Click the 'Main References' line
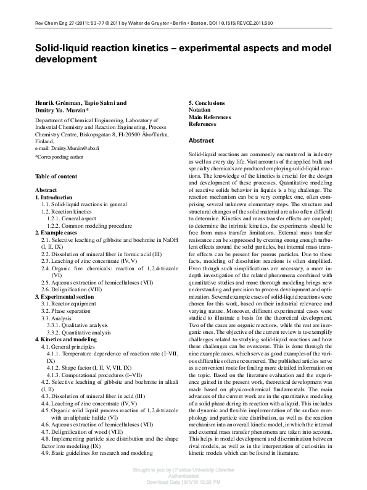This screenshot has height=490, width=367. coord(211,117)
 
